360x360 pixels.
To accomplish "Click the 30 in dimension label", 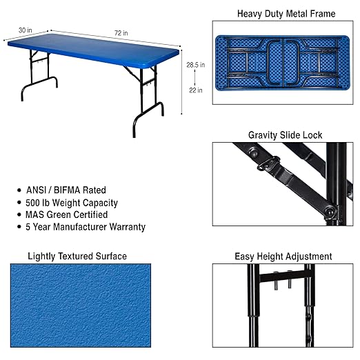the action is click(26, 30).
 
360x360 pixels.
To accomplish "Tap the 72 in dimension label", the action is click(121, 33).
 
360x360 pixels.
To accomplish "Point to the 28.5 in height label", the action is click(196, 65).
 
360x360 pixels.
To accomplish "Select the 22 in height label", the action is click(196, 90).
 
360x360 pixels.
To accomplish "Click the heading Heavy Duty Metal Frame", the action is click(286, 14).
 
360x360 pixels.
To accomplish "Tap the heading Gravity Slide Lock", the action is click(285, 135).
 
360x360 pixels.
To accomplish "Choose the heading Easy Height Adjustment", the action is click(283, 257).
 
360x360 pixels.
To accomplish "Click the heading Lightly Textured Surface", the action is click(77, 256).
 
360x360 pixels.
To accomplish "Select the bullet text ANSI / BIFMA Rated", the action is click(66, 190).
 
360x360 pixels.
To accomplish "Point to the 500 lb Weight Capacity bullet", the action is click(72, 203).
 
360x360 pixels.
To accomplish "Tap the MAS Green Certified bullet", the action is click(67, 214).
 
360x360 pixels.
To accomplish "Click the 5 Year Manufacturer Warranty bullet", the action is click(86, 227).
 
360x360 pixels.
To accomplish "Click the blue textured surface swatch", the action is click(81, 306).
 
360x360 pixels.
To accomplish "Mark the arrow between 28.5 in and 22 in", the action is click(195, 77).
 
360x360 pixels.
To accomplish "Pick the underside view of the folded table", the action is click(283, 63).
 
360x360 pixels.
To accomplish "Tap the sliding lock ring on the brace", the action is click(268, 163).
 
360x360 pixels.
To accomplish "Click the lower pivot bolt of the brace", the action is click(330, 211).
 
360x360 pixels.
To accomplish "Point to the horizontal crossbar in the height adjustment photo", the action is click(286, 277).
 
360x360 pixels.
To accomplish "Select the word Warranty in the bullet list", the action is click(128, 227).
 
